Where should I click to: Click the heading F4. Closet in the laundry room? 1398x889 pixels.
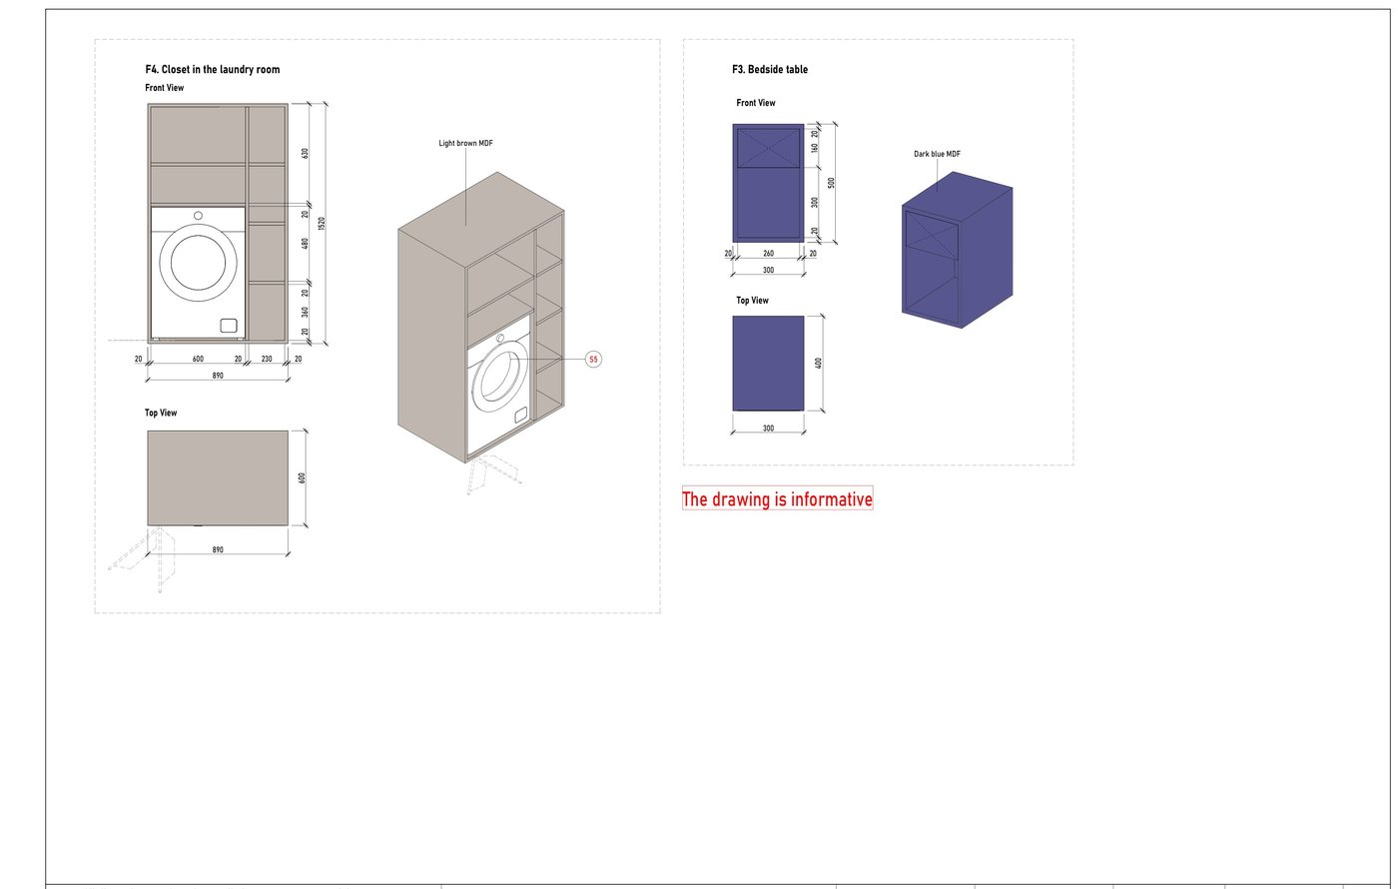coord(212,69)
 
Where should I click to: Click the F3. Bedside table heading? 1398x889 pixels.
coord(770,69)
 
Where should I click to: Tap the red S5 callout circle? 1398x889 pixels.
coord(593,359)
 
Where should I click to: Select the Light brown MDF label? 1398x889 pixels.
coord(465,143)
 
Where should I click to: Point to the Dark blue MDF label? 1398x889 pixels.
coord(937,154)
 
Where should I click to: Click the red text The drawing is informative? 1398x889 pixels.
coord(777,498)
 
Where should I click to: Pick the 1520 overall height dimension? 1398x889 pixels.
coord(322,224)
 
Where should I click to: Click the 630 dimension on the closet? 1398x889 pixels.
coord(306,153)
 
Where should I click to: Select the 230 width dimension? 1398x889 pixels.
coord(267,359)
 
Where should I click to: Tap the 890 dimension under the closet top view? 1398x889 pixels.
coord(218,550)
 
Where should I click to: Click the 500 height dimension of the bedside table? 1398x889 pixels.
coord(831,183)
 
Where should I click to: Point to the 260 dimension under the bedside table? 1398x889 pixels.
coord(768,254)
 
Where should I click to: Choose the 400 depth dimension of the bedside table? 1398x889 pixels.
coord(818,363)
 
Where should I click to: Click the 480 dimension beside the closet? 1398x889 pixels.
coord(306,243)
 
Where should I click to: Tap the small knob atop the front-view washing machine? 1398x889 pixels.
coord(198,216)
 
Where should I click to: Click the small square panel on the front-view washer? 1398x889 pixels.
coord(229,326)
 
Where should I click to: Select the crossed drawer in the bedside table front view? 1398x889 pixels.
coord(768,148)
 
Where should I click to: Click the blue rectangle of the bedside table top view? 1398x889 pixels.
coord(768,364)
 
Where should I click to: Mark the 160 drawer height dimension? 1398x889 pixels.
coord(815,148)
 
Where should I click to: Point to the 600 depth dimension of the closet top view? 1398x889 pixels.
coord(302,478)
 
